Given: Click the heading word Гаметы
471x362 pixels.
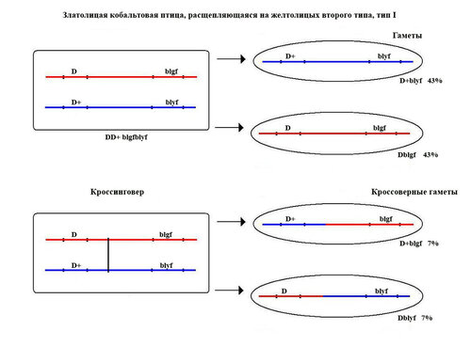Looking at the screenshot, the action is coord(407,36).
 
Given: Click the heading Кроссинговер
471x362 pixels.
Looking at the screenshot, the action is coord(117,192).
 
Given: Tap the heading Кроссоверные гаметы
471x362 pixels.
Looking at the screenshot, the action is coord(414,192).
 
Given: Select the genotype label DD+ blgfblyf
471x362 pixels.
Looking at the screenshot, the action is coord(126,137).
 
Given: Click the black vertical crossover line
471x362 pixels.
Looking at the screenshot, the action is coord(108,255).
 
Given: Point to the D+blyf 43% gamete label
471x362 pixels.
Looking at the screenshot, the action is coord(421,81).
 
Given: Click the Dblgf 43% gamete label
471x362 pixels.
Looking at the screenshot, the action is coord(417,155).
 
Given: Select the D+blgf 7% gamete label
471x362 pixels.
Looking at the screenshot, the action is coord(419,244).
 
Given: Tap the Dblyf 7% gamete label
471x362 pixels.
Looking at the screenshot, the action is coord(414,318).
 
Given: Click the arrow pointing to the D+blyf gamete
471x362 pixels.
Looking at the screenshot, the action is coord(231,59).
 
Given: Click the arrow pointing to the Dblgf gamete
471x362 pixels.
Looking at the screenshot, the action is coord(229,128).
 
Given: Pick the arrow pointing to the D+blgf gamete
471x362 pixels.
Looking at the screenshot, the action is coord(231,222).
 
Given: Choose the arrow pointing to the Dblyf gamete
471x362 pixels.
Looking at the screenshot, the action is coord(229,291).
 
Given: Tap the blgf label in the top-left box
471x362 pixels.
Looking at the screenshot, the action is coord(171,71).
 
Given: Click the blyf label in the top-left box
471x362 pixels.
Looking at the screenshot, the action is coord(171,102).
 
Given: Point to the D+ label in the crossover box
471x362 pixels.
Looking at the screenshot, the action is coord(76,265).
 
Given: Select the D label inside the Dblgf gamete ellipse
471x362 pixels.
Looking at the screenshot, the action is coord(288,128).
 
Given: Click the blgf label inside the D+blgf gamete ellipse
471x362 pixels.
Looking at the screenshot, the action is coord(386,219).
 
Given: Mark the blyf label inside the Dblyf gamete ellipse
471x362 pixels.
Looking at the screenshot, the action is coord(382,291).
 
